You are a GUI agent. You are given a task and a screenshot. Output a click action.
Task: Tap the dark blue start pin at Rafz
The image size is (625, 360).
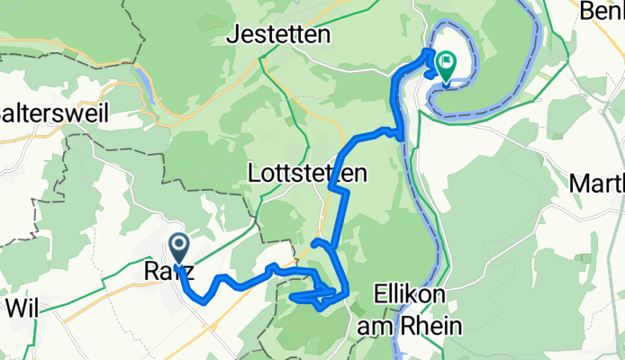[x=178, y=246]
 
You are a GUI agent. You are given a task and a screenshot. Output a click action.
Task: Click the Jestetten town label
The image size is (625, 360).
[x=278, y=35]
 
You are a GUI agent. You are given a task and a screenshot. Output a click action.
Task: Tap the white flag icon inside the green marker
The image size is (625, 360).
[x=446, y=61]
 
